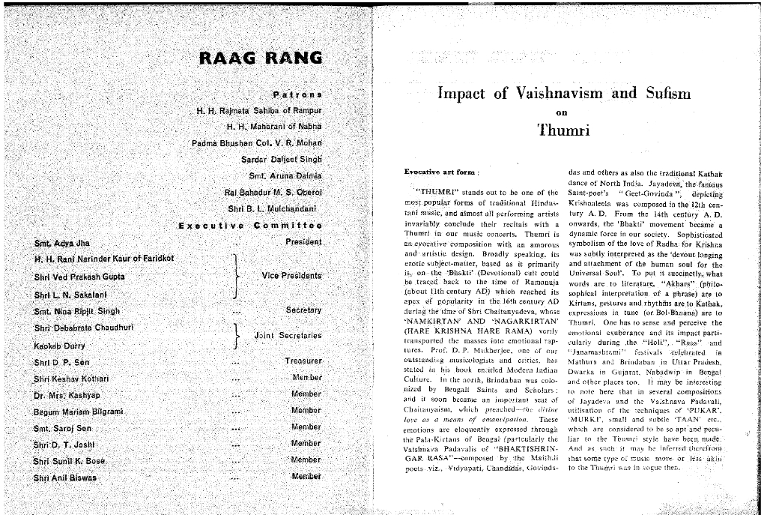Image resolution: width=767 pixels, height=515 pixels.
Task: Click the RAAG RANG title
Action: [x=261, y=58]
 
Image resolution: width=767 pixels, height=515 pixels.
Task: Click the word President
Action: [x=303, y=242]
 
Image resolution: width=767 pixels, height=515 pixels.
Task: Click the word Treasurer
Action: [x=303, y=361]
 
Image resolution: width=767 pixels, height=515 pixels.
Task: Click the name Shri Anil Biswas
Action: [x=65, y=478]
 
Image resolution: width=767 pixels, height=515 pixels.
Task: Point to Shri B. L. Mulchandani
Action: [x=271, y=208]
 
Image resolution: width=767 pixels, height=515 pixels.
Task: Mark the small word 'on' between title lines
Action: [x=566, y=113]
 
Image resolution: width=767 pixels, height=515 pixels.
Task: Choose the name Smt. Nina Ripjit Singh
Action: [x=76, y=311]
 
